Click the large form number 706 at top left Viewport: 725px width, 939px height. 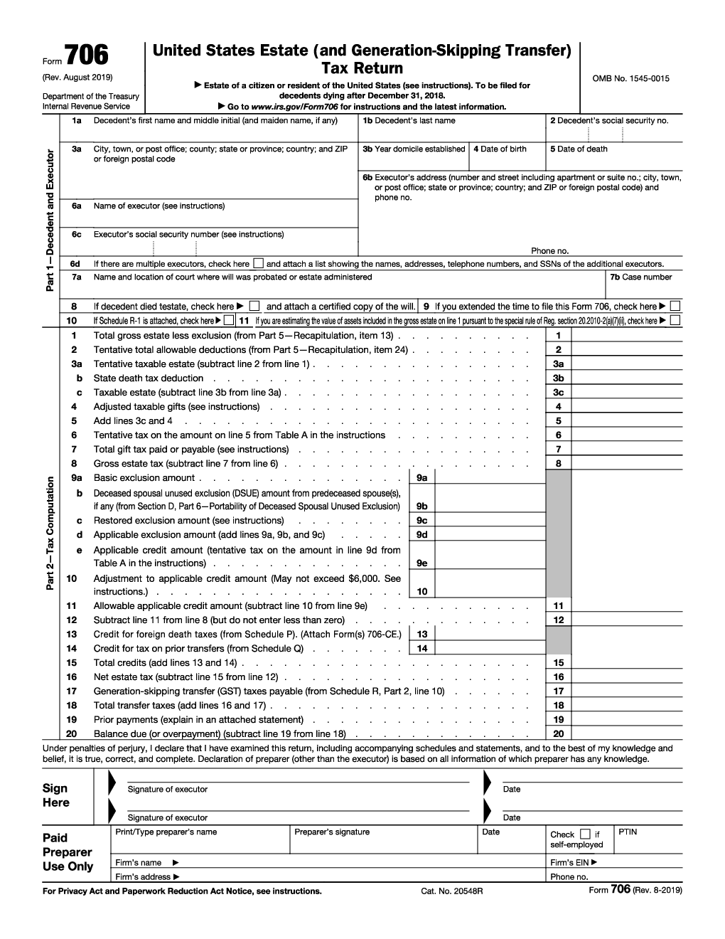(87, 55)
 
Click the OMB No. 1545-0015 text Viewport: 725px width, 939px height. (630, 79)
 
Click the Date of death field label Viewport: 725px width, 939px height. (579, 149)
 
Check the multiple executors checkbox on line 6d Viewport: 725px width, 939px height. (258, 263)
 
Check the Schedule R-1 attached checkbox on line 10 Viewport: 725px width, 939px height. (228, 321)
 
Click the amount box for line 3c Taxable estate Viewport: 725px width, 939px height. (626, 393)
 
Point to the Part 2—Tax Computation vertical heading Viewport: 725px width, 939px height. (50, 534)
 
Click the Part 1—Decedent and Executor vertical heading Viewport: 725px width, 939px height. (50, 220)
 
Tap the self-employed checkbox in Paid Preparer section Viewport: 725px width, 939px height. (585, 834)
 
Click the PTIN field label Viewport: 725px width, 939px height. (628, 832)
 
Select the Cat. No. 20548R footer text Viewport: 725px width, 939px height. (452, 891)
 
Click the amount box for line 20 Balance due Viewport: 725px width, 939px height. (626, 734)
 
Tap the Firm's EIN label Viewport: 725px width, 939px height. (574, 863)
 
